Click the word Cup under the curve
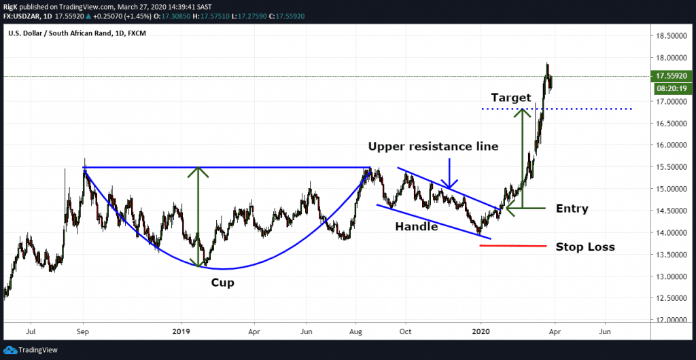[222, 283]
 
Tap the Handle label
[417, 227]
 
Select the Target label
[510, 98]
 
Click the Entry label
[572, 209]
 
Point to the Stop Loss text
[585, 247]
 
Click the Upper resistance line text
[434, 147]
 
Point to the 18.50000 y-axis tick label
[669, 36]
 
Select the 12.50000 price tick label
[669, 298]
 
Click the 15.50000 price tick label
[669, 167]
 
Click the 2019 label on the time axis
[181, 333]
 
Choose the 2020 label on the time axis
[481, 333]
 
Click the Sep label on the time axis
[83, 333]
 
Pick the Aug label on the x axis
[354, 333]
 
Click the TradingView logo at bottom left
[34, 350]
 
